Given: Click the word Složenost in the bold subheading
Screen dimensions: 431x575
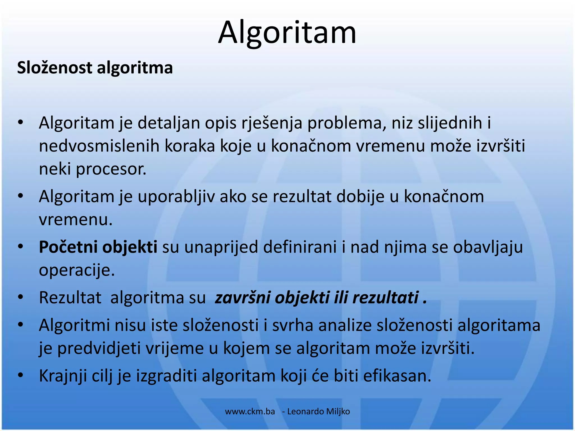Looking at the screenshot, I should pyautogui.click(x=54, y=68).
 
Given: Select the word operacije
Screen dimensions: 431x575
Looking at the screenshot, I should pyautogui.click(x=77, y=270).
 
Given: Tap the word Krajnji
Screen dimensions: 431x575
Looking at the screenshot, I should pyautogui.click(x=63, y=376).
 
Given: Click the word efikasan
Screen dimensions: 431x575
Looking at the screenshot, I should pyautogui.click(x=397, y=376).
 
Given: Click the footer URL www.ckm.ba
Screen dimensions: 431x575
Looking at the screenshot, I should pyautogui.click(x=250, y=412).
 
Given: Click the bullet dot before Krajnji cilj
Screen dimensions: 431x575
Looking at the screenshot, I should pyautogui.click(x=20, y=375).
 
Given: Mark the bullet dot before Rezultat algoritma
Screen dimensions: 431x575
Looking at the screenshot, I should pyautogui.click(x=20, y=297).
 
